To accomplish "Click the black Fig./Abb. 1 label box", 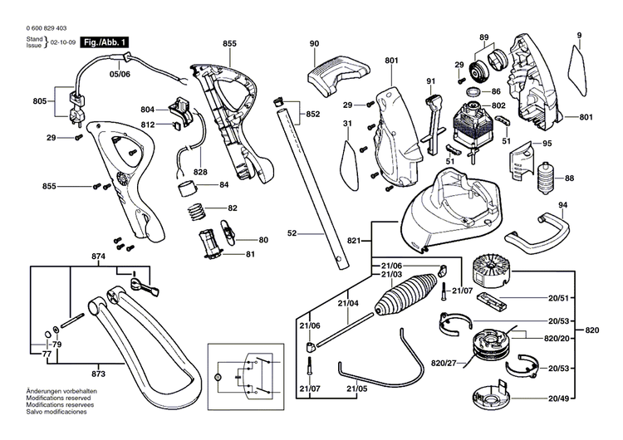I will (105, 41).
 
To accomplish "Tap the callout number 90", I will (314, 43).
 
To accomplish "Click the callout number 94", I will (539, 204).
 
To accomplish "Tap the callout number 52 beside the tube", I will (292, 235).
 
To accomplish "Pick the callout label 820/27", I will (445, 362).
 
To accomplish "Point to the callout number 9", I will (579, 34).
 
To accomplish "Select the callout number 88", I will (569, 178).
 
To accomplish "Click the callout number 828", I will (200, 172).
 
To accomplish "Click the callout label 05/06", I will (120, 73).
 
